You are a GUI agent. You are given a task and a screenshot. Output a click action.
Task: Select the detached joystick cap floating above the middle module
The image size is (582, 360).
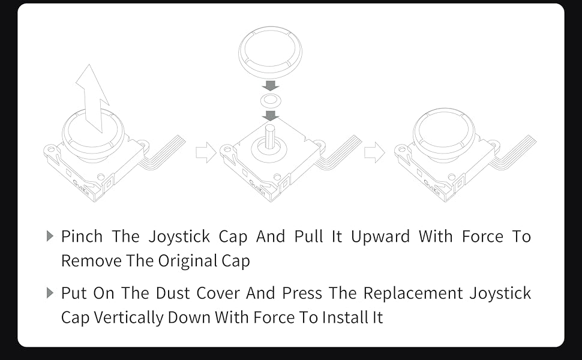point(270,53)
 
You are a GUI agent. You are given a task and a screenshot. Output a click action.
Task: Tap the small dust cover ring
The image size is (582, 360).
point(271,100)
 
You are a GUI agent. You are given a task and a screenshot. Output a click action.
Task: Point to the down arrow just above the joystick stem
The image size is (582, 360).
point(271,115)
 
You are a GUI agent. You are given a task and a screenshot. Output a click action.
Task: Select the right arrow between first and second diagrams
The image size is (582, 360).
point(206,153)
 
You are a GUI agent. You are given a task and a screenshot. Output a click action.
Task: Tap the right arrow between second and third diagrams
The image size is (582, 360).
point(374,153)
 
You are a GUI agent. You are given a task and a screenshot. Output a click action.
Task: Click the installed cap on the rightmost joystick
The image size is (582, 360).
point(443,134)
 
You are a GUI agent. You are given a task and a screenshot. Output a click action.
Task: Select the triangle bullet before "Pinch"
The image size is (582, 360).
point(50,236)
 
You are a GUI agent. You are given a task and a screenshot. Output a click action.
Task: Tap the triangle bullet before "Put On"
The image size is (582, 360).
point(50,293)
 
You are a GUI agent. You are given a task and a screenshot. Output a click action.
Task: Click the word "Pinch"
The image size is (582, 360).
point(82,236)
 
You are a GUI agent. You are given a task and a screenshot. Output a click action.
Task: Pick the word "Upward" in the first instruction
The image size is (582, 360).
point(380,236)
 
